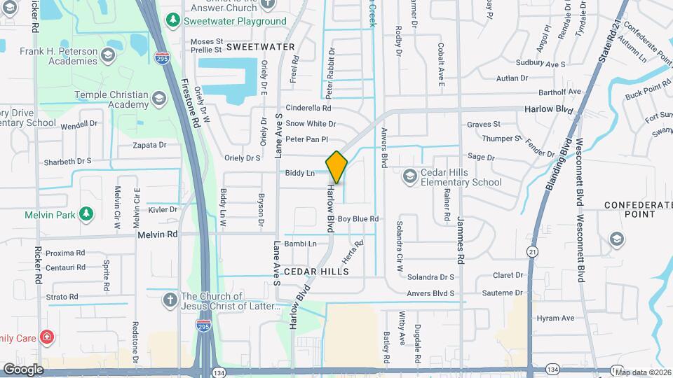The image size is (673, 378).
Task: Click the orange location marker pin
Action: pos(336,167)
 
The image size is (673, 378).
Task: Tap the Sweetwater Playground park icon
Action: pos(172,21)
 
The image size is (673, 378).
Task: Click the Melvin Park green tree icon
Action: pos(86,213)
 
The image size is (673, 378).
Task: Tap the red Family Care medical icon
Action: pos(48,338)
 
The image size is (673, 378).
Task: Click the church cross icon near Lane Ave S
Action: pos(170,300)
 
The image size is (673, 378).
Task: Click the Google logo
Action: pos(23,369)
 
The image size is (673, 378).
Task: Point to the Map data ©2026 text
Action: pos(642,372)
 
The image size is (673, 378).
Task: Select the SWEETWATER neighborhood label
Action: pos(260,46)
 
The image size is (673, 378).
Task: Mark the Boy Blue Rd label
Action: pos(358,219)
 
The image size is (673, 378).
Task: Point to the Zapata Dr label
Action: pos(150,145)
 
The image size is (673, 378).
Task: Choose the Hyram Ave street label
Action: pos(555,318)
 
